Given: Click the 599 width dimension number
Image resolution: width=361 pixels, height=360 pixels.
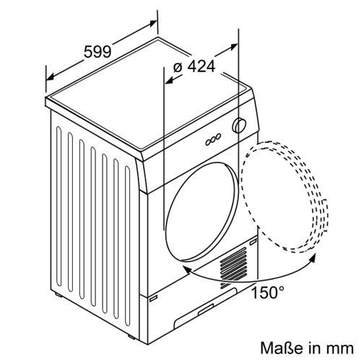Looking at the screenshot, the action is pos(97,51).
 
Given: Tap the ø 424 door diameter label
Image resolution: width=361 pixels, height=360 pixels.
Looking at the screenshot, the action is pos(194,66).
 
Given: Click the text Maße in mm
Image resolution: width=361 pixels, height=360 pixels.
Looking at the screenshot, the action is pos(307,348).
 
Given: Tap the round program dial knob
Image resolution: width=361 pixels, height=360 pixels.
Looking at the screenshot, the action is pos(239,126).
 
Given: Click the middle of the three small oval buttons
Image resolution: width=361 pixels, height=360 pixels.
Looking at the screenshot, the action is pos(213,140).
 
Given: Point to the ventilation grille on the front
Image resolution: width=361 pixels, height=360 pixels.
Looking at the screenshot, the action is pos(233,268).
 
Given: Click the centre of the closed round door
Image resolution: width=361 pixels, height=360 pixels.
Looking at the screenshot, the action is pos(201,212).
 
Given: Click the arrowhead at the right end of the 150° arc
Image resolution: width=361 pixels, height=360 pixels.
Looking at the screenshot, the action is pos(312,259).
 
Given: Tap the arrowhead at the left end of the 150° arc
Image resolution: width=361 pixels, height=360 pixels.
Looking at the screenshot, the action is pos(187,269).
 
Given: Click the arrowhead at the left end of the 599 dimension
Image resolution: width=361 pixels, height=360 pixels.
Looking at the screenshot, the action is pos(50,77).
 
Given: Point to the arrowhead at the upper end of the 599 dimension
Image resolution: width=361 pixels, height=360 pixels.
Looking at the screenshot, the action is pos(153,23).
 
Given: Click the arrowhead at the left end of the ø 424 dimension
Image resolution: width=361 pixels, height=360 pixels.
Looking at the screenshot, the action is pos(169,81).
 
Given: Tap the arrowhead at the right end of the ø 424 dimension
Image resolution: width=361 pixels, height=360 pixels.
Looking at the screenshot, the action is pos(234,46).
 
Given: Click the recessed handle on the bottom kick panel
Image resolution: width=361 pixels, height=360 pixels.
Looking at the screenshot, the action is pos(206,309).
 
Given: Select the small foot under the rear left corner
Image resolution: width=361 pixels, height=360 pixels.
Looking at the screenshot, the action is pos(58,295).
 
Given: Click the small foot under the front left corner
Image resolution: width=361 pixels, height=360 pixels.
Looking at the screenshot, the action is pos(131,337).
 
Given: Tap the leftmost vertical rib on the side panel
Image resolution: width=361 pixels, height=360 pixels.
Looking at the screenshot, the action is pos(58,207).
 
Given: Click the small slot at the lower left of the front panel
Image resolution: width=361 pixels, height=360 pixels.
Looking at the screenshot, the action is pos(153,299).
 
